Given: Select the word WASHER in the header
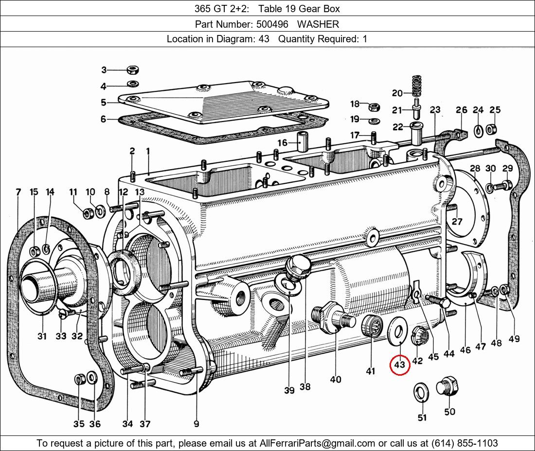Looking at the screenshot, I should pyautogui.click(x=318, y=24).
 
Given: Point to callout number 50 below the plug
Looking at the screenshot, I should pyautogui.click(x=449, y=412).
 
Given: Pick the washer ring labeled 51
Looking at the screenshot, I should pyautogui.click(x=420, y=392).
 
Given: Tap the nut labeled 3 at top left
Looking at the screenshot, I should pyautogui.click(x=132, y=69).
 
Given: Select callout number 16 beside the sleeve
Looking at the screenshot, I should pyautogui.click(x=283, y=142).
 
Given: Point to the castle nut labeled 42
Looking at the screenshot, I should pyautogui.click(x=419, y=336).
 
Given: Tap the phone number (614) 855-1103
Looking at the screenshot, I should pyautogui.click(x=464, y=443).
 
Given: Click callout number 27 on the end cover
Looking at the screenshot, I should pyautogui.click(x=457, y=222).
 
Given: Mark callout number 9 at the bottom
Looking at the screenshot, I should pyautogui.click(x=196, y=424).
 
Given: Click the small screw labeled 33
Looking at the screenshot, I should pyautogui.click(x=62, y=314).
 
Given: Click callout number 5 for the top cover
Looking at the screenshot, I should pyautogui.click(x=104, y=102).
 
